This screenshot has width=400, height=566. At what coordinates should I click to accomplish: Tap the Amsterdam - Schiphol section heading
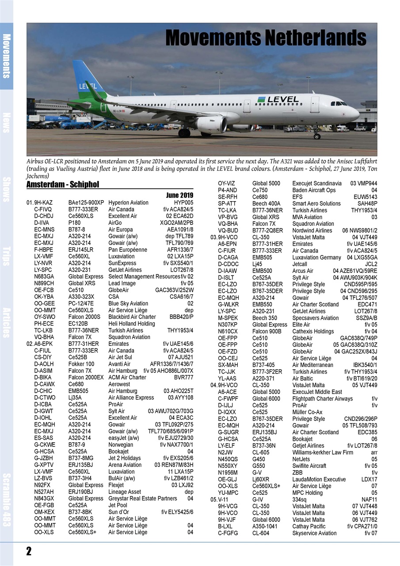(x=63, y=184)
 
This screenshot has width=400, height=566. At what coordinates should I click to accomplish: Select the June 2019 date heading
(x=179, y=195)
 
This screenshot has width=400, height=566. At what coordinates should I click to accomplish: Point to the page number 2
(x=29, y=551)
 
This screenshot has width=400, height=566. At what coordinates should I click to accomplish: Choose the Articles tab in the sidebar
(x=7, y=322)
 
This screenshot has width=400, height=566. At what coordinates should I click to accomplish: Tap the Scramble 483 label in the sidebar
(x=7, y=500)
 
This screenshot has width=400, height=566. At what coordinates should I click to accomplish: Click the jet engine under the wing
(x=211, y=125)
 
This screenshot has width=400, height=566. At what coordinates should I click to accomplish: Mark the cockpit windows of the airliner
(x=339, y=103)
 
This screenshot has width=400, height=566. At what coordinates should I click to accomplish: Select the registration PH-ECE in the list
(x=44, y=323)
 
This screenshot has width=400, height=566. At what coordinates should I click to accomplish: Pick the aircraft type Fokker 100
(x=81, y=364)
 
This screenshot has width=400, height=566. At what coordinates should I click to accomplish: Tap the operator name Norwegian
(x=121, y=445)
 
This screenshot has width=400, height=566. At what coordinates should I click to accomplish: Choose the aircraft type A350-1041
(x=265, y=526)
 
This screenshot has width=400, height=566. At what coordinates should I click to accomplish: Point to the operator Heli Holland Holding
(x=132, y=323)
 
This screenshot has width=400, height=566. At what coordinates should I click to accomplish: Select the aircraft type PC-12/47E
(x=81, y=303)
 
